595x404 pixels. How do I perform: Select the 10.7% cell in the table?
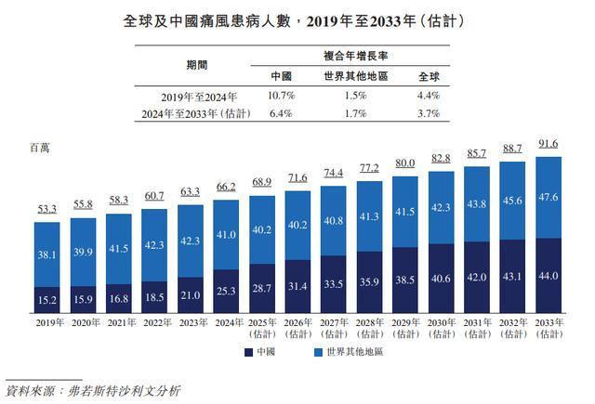[282, 96]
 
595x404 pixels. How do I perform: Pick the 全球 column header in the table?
[429, 76]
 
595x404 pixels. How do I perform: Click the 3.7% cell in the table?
[429, 113]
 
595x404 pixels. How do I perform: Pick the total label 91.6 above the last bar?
[549, 145]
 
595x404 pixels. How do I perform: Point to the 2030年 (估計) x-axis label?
[443, 328]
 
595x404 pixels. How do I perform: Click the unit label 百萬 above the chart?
[40, 148]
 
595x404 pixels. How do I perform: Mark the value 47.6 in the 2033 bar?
[549, 197]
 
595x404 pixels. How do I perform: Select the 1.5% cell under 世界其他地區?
[349, 96]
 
